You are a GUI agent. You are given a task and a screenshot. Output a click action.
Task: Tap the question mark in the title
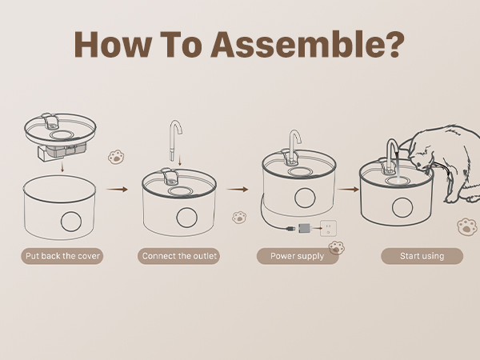pos(393,44)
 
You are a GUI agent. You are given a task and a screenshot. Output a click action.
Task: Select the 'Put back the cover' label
pos(62,256)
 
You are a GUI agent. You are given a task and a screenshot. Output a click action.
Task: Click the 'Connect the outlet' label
pos(178,256)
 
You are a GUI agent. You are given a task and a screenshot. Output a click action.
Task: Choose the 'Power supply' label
pos(298,256)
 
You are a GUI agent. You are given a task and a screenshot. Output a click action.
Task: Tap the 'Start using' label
pos(422,256)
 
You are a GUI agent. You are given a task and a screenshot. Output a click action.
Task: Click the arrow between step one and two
pos(117,190)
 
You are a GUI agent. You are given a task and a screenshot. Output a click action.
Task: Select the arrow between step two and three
pos(238,190)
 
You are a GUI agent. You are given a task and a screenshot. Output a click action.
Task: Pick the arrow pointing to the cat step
pos(348,190)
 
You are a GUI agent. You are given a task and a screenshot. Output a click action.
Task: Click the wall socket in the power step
pos(328,228)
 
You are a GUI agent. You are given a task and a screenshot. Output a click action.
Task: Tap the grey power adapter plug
pos(304,228)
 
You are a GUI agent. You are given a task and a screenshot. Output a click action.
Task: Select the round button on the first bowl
pos(71,222)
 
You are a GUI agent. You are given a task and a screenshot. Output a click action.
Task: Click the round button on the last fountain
pos(402,207)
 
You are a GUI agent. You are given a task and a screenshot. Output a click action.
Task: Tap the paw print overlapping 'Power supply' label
pos(337,248)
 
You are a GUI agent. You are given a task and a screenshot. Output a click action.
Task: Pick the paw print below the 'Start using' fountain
pos(467,227)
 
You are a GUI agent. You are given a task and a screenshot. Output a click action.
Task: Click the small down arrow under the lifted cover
pos(62,167)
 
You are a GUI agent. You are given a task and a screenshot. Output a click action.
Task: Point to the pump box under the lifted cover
pos(62,153)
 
